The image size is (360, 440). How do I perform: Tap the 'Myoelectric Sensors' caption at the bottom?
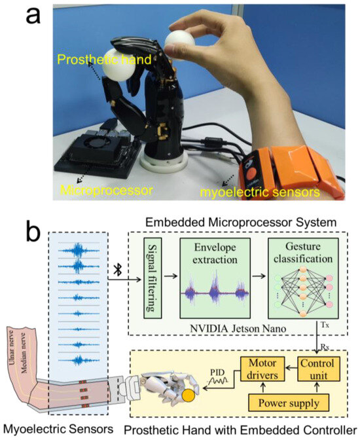(53, 428)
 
